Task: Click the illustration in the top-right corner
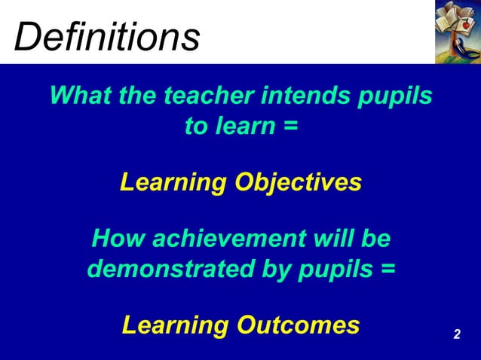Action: (458, 32)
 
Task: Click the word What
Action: (78, 96)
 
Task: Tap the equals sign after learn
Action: (291, 127)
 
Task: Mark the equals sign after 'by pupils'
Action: (387, 269)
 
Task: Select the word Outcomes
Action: (299, 325)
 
